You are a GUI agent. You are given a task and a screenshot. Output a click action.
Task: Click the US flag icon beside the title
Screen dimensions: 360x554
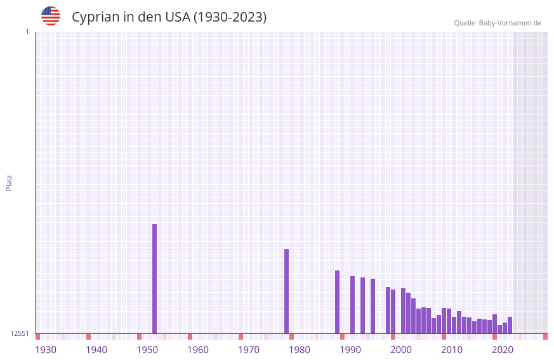51,16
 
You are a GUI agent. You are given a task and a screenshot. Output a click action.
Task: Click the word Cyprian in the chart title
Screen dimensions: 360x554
96,17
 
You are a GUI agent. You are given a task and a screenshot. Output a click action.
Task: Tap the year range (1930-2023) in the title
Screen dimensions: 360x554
230,17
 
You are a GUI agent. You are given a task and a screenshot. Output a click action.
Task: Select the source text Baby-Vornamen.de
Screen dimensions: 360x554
510,23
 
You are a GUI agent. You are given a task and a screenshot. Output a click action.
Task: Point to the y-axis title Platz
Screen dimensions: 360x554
9,182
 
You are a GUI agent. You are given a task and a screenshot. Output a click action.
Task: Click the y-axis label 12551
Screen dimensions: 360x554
20,333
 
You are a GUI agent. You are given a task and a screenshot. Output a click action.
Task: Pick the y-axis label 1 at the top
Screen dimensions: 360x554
27,32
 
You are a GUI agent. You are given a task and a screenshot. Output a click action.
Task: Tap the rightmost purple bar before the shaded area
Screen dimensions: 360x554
510,325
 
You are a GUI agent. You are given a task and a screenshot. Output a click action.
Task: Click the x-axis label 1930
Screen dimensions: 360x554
46,350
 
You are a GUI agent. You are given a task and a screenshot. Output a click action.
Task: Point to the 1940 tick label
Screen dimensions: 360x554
96,350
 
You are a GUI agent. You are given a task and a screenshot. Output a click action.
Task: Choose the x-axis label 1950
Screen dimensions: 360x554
147,350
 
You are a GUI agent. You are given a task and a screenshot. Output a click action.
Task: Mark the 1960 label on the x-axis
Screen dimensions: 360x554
198,350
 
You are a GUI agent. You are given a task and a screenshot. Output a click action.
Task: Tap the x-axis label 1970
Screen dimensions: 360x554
249,350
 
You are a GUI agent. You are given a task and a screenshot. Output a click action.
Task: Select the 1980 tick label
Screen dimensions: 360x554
300,350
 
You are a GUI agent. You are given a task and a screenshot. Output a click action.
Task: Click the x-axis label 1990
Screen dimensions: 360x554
350,350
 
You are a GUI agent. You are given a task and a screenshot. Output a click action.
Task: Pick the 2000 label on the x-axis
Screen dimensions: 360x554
401,350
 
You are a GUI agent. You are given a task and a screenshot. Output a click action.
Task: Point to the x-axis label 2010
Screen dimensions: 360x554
452,350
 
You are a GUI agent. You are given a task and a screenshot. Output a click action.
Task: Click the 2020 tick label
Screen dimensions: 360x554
503,350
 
